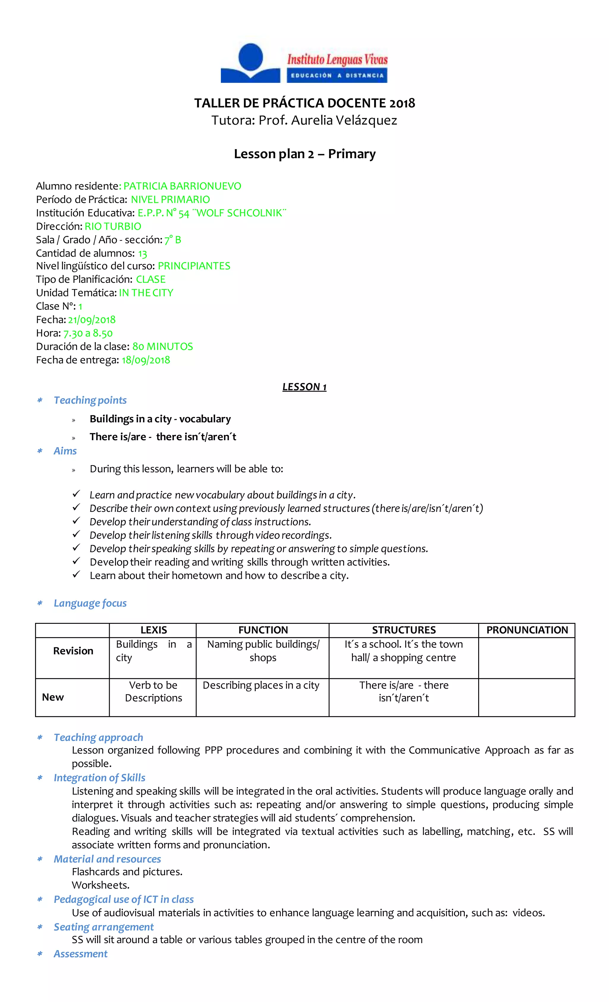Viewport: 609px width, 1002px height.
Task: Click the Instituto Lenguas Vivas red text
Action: (337, 60)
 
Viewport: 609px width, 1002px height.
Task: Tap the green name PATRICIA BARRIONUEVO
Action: (182, 186)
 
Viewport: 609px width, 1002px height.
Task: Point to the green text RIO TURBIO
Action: (113, 226)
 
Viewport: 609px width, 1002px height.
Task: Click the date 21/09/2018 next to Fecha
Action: (92, 320)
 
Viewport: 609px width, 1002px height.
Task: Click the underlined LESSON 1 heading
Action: (304, 387)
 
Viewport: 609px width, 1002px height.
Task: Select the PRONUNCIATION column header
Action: (527, 630)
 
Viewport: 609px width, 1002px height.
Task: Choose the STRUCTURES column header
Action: (404, 630)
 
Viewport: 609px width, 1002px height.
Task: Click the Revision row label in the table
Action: (73, 651)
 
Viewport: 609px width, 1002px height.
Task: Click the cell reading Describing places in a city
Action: (261, 686)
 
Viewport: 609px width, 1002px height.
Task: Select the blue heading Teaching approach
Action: (98, 737)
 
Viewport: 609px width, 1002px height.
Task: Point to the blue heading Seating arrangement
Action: (103, 927)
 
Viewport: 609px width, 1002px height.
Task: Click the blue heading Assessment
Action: (81, 954)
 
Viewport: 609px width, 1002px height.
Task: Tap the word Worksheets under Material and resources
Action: (101, 885)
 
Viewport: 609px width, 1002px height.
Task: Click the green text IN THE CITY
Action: (146, 293)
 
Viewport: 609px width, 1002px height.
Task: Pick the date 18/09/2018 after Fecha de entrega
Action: (146, 360)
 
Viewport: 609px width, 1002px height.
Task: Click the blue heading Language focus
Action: (90, 603)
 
